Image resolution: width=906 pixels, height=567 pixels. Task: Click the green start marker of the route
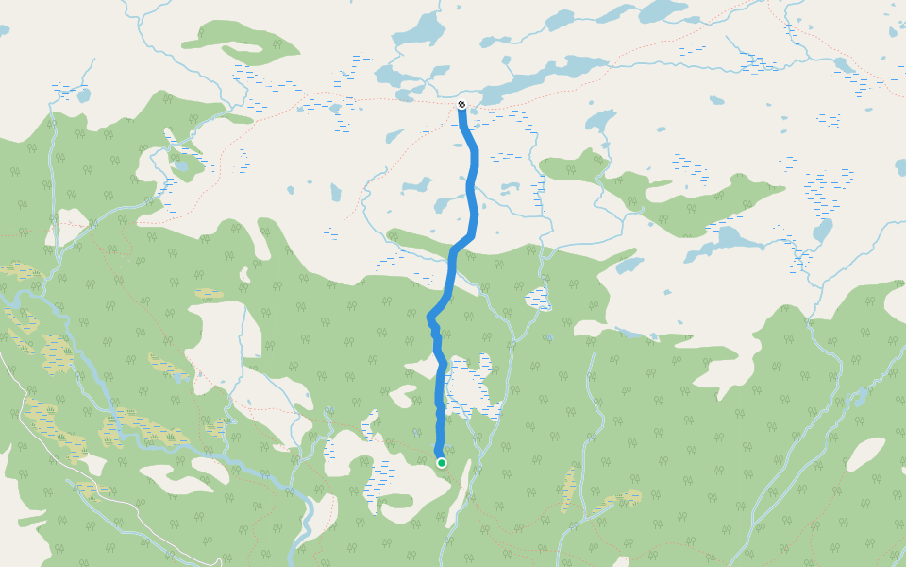441,462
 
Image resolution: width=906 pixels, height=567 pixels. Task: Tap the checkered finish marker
461,104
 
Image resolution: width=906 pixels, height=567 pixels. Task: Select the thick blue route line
472,189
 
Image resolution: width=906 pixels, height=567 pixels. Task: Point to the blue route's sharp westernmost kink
430,318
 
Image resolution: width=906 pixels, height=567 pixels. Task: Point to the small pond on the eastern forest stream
860,395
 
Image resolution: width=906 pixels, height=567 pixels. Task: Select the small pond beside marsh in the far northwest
83,95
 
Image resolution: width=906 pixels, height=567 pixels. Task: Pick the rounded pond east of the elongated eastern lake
823,231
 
